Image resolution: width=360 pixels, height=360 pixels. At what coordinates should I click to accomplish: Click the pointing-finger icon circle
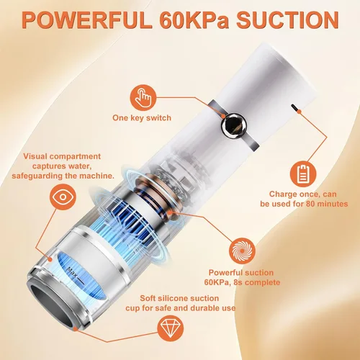point(143,98)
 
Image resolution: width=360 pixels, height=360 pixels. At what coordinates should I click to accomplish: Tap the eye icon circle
point(63,197)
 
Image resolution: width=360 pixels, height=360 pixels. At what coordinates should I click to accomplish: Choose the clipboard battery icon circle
point(303,174)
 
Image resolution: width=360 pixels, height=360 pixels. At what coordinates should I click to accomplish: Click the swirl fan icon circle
point(242,251)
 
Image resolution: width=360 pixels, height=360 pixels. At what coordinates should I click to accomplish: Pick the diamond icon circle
point(171,328)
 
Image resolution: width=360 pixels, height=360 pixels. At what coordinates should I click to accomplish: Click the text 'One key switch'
point(142,118)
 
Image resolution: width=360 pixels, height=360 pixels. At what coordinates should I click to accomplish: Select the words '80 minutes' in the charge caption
point(327,204)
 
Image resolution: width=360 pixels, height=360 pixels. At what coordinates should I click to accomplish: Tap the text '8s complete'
point(257,282)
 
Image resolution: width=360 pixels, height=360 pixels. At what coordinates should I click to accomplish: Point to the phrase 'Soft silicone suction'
point(179,298)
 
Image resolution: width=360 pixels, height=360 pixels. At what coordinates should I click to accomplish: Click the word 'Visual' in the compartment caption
point(35,156)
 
